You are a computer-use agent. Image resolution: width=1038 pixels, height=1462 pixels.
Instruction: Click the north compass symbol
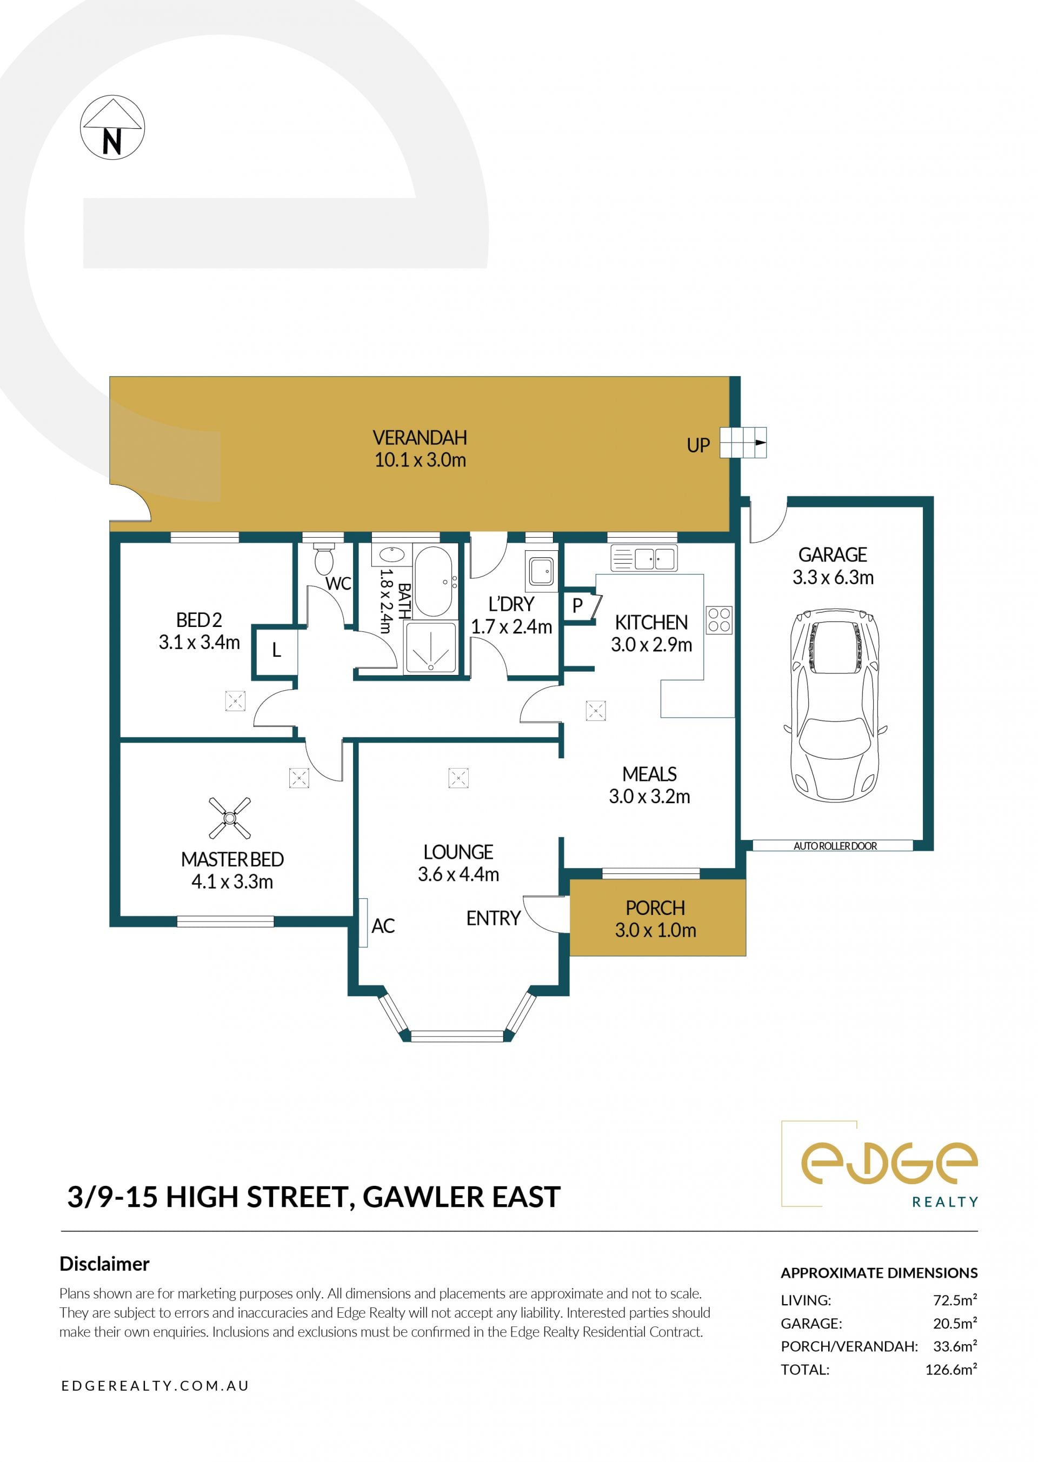[x=112, y=127]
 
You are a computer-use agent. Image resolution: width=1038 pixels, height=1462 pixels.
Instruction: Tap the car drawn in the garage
[x=835, y=705]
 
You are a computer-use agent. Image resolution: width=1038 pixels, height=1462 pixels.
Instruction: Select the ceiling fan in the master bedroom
[x=229, y=818]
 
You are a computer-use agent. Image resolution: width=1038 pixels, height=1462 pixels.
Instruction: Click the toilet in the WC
[x=324, y=558]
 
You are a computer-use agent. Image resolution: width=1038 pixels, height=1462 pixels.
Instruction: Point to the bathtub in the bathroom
[x=434, y=581]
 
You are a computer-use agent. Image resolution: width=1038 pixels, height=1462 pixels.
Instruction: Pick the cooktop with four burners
[x=719, y=619]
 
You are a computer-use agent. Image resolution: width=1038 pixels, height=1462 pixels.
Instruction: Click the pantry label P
[x=577, y=606]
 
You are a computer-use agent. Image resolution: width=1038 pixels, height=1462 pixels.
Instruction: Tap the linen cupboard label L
[x=276, y=651]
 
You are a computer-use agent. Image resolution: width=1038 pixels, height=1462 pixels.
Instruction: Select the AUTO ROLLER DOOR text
[x=835, y=846]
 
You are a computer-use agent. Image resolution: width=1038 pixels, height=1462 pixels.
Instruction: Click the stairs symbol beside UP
[x=743, y=442]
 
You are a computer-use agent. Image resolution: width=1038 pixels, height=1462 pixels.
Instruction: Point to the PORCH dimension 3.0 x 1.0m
[x=655, y=930]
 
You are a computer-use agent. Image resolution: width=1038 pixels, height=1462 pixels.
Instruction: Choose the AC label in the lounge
[x=383, y=926]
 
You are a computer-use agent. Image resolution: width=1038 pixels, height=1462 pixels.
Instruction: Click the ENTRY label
[x=494, y=918]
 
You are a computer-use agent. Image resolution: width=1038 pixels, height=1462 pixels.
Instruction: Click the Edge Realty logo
[x=880, y=1164]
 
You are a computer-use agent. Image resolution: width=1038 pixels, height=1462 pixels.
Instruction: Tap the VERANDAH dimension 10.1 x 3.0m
[x=420, y=460]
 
